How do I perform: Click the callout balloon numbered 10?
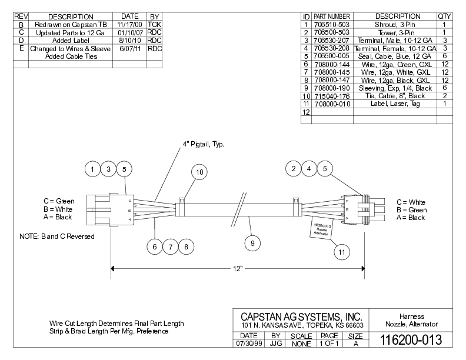click(199, 172)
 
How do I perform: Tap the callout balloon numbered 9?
click(251, 241)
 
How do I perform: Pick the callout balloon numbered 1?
click(92, 169)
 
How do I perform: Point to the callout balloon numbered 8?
click(186, 246)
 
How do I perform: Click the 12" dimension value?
click(237, 268)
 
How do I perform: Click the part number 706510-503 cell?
click(332, 25)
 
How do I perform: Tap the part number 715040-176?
click(332, 96)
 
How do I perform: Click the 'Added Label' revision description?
click(70, 41)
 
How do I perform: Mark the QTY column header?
click(444, 16)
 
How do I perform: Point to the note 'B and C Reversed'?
click(56, 236)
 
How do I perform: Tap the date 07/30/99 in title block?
click(249, 342)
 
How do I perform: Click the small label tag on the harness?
click(321, 229)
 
